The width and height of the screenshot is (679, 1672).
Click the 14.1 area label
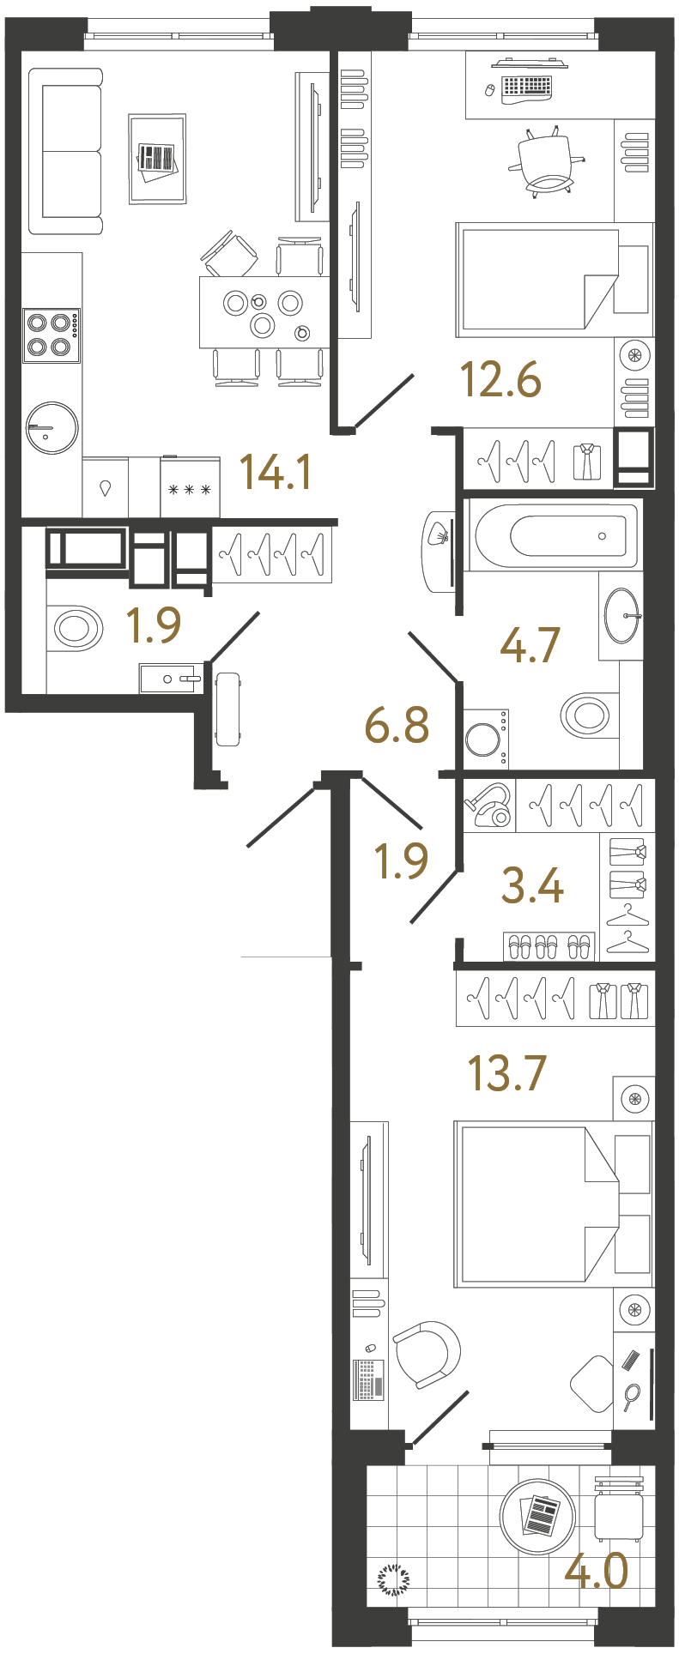(275, 472)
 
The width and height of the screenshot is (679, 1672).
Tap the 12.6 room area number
(501, 380)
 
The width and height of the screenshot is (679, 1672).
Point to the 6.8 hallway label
(397, 726)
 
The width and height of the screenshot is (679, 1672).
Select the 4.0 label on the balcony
(597, 1572)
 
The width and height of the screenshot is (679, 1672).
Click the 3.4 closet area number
(532, 885)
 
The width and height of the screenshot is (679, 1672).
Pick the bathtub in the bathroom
(554, 535)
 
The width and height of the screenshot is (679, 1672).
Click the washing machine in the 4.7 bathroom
(485, 739)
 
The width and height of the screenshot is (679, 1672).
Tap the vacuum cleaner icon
(488, 806)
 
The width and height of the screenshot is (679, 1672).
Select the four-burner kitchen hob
(50, 335)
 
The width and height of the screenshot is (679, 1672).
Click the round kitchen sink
(52, 427)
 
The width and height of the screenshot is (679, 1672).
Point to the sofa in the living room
(65, 152)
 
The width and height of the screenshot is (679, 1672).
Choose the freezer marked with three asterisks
(190, 490)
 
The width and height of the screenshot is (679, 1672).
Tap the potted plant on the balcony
(394, 1578)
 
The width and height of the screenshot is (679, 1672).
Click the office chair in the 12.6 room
(548, 161)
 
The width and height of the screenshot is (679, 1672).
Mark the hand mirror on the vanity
(632, 1396)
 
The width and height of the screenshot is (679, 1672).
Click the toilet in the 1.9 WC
(76, 628)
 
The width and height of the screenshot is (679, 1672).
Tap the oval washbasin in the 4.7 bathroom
(621, 614)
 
